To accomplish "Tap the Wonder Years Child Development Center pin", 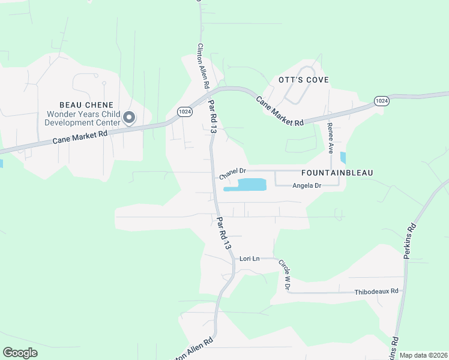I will coord(129,118).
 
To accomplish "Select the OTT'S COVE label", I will coord(303,80).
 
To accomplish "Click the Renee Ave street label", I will coord(330,139).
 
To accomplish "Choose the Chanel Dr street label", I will coord(234,174).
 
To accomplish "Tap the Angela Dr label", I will coord(307,186).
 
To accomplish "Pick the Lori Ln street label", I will coord(249,259).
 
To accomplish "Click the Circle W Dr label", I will coord(284,274).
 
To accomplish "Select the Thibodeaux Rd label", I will coord(376,291).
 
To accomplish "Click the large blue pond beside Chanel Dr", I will coord(246,185).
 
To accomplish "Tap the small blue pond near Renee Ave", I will coord(343,158).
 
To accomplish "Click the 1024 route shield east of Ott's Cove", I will coord(381,101).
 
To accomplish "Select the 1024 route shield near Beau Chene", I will coord(184,112).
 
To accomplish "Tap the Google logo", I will coord(20,353).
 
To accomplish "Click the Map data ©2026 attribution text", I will coord(423,355).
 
